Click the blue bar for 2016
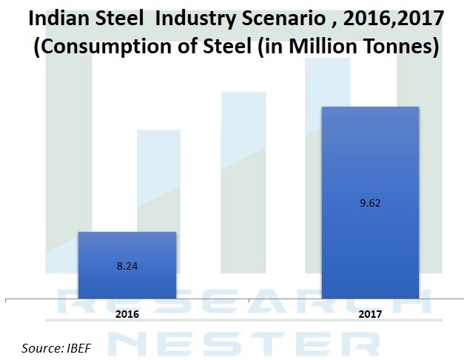point(127,264)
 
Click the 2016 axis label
point(127,313)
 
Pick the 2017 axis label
point(370,313)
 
